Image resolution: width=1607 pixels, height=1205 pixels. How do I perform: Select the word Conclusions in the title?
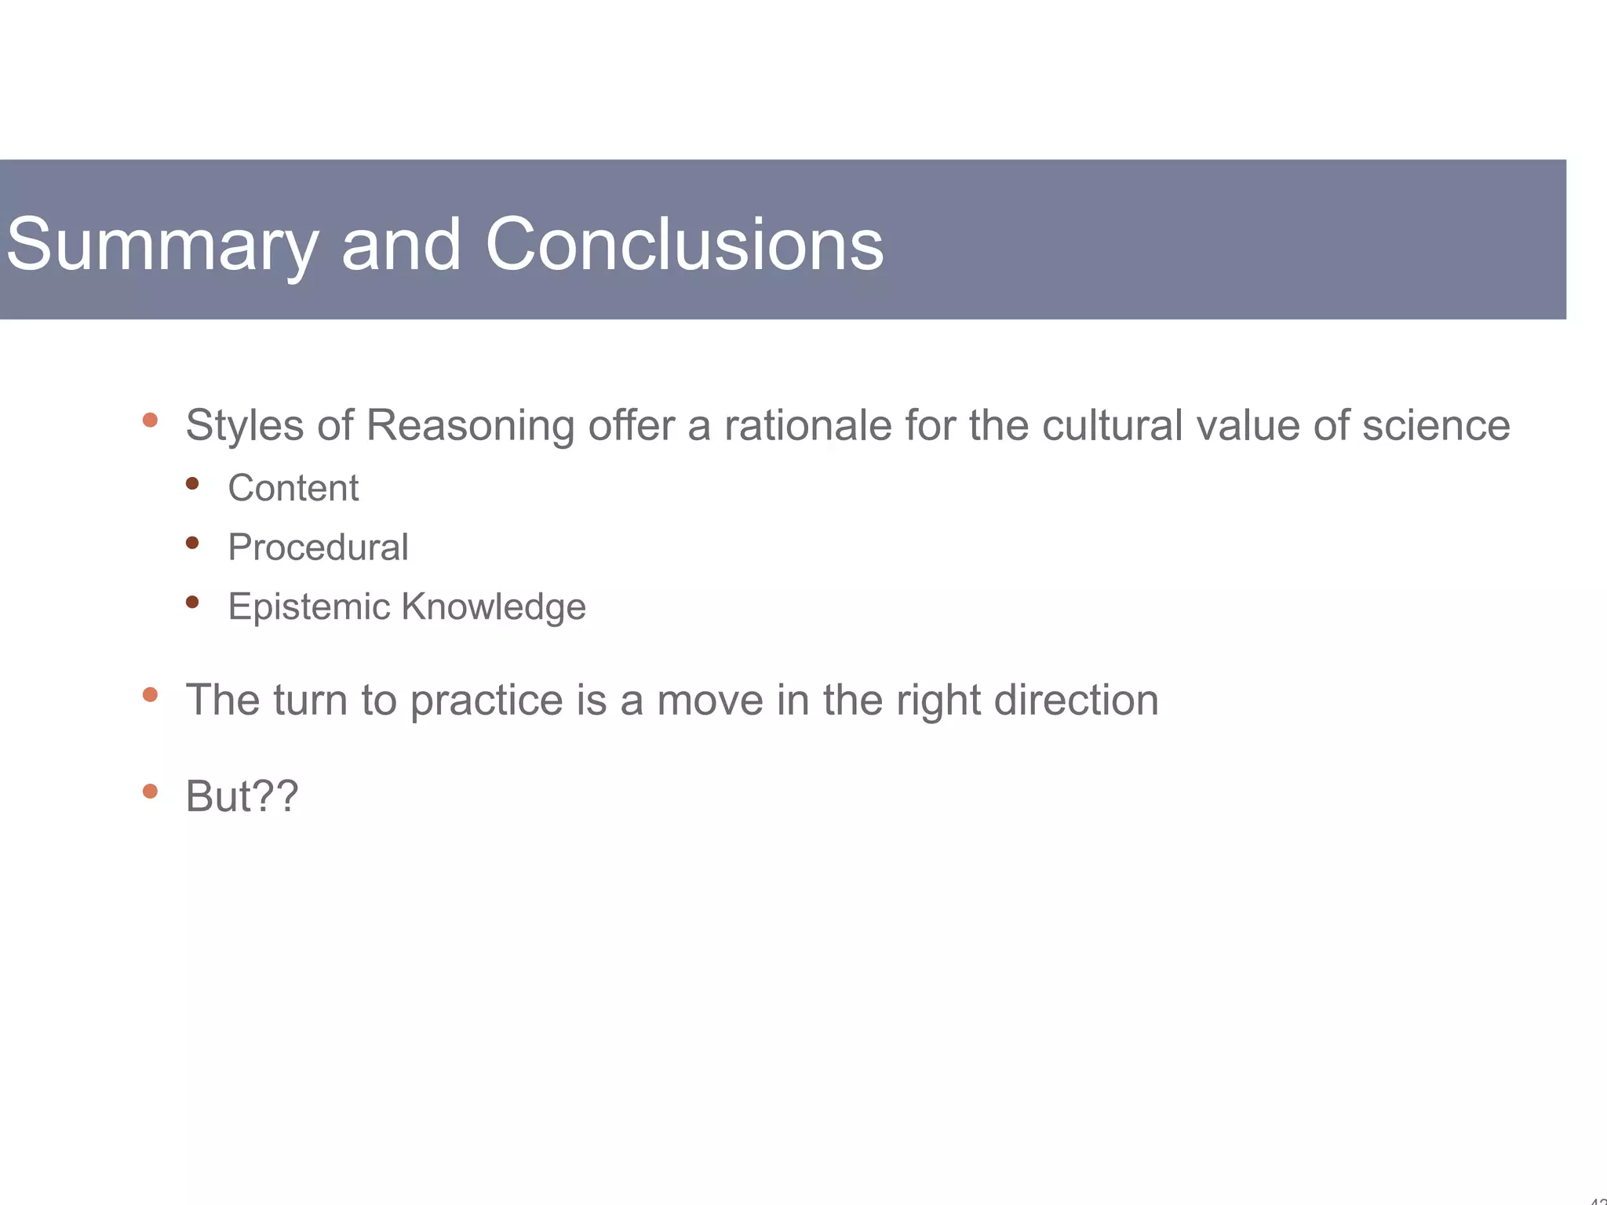coord(684,245)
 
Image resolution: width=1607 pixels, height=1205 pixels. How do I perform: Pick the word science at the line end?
coord(1435,426)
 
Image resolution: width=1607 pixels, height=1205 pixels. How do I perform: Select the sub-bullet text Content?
coord(293,488)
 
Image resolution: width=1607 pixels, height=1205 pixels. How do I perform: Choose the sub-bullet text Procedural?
coord(318,548)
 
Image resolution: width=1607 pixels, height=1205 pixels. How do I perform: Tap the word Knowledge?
coord(494,607)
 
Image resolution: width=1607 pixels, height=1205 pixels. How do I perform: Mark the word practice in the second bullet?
coord(486,701)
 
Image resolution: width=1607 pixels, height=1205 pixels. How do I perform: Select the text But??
coord(242,796)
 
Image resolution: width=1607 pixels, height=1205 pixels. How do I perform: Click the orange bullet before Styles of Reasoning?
coord(150,420)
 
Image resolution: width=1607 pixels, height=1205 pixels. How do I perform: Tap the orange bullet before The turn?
coord(150,694)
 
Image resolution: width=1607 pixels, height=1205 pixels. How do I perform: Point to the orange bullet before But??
coord(150,791)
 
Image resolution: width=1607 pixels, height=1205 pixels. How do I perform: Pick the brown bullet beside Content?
coord(192,483)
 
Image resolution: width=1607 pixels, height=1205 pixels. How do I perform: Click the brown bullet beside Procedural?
coord(192,542)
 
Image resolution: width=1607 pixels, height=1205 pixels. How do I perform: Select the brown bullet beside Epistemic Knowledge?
coord(192,602)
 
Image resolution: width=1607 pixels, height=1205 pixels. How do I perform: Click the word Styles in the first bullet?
coord(244,426)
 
